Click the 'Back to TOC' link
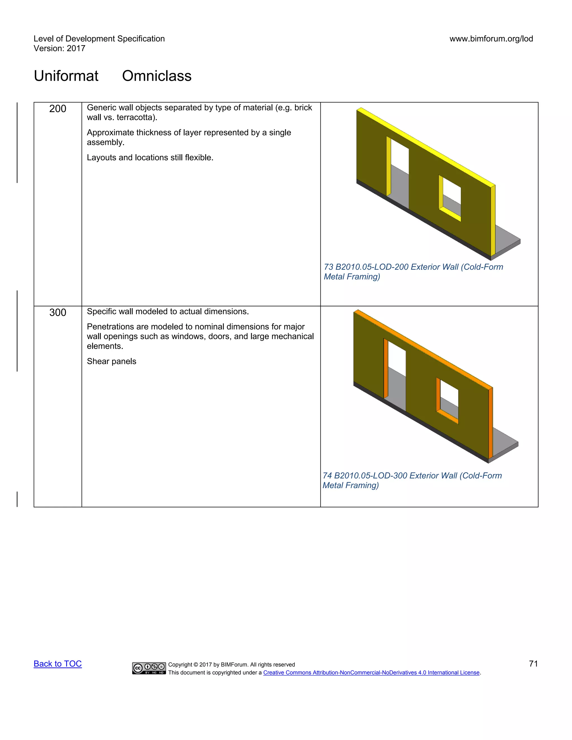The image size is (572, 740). [58, 664]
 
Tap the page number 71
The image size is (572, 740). [533, 664]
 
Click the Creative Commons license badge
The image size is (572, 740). [149, 668]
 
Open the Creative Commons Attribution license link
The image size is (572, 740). [371, 673]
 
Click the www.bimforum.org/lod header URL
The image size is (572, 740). [491, 39]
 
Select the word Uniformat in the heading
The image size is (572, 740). [66, 76]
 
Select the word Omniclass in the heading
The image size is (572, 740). [157, 76]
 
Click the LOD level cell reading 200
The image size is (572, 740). [58, 109]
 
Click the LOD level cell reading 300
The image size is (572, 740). [58, 312]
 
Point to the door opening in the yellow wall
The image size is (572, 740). [399, 173]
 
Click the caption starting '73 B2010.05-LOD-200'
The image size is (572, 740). [413, 272]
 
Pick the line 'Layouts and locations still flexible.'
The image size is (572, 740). [150, 157]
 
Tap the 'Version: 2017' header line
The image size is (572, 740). [59, 49]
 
